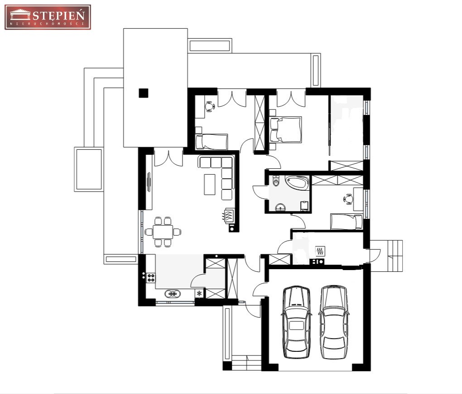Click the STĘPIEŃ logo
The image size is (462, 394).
(x=48, y=17)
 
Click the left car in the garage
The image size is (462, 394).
(x=296, y=322)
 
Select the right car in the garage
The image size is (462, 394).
(x=334, y=322)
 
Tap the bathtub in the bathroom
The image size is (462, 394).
(x=297, y=183)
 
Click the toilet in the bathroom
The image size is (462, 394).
(x=276, y=181)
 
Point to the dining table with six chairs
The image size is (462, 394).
(x=163, y=232)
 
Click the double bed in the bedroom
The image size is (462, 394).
(x=286, y=129)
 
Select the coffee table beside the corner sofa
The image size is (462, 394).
(x=210, y=184)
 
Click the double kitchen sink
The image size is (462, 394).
(x=173, y=294)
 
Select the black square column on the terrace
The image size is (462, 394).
(x=144, y=94)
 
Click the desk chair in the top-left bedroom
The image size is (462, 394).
(x=210, y=106)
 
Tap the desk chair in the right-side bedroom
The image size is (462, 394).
(x=348, y=199)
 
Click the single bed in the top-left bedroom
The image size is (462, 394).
(x=212, y=142)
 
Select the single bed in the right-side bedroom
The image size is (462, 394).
(x=346, y=222)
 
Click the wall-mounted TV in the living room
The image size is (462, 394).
(x=149, y=182)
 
